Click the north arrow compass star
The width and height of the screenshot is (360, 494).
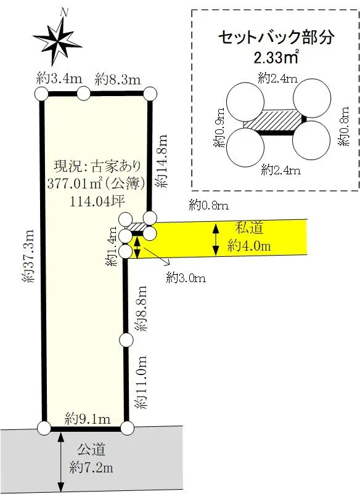58,40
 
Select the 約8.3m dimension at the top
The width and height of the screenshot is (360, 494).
118,79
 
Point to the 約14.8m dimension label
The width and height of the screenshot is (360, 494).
161,161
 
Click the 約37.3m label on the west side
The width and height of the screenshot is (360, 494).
28,256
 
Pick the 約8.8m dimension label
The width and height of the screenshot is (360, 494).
141,308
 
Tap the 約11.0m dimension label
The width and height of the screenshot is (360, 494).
141,382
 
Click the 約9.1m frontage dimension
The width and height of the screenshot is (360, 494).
88,419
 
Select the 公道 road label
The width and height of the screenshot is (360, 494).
91,450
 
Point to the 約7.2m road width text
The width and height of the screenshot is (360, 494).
91,468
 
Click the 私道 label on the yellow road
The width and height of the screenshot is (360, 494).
249,227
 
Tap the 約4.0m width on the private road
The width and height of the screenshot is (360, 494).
249,245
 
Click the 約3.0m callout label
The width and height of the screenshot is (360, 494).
186,278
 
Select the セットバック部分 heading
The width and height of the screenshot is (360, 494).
276,37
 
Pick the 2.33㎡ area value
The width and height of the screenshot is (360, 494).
276,57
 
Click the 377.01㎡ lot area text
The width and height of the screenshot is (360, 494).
96,184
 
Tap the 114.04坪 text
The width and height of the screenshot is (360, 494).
97,201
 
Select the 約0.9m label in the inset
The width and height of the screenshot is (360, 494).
219,128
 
